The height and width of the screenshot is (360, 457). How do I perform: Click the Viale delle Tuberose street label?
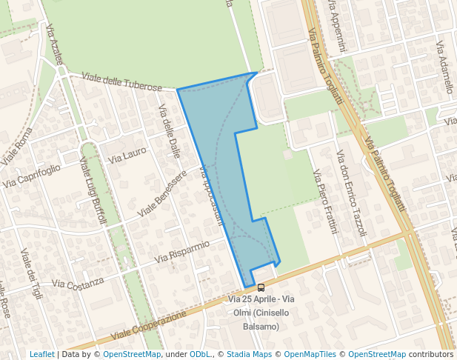(121, 82)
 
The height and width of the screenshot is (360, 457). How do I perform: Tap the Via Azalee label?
(55, 45)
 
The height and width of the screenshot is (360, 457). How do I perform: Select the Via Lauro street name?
(127, 155)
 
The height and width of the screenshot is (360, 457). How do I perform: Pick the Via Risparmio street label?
(182, 252)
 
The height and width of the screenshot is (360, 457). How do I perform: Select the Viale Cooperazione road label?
(150, 326)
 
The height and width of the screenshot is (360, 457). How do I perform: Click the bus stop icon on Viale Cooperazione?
(261, 287)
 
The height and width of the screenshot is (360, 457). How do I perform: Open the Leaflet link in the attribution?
(42, 354)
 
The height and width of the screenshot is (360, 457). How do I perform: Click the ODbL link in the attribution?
(200, 354)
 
